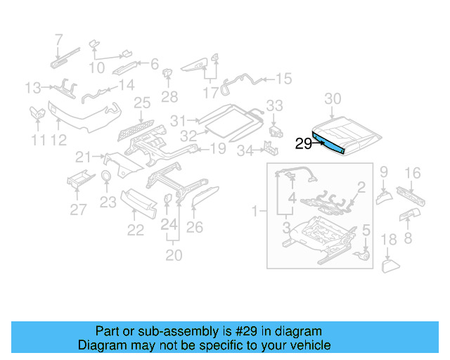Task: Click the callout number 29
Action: coord(304,143)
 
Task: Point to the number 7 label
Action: coord(58,39)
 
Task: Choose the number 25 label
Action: coord(143,104)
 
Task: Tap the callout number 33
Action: coord(274,106)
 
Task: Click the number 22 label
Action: coord(135,230)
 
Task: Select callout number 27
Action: coord(79,209)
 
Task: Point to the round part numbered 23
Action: coord(107,176)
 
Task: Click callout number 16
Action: coord(413,172)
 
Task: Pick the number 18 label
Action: coord(389,242)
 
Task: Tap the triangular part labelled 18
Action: coord(390,265)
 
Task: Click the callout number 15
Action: coord(283,79)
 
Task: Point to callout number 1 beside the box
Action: coord(255,210)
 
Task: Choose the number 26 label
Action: coord(195,227)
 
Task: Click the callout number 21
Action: coord(84,156)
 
